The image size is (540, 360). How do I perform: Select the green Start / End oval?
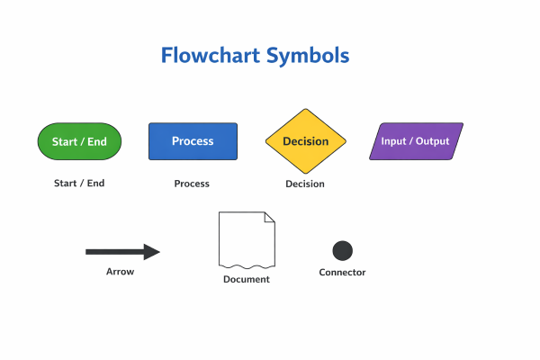tap(79, 141)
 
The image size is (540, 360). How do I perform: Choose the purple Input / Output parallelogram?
tap(416, 141)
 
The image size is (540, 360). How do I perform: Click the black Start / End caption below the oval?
tap(79, 183)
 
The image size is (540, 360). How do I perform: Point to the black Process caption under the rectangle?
tap(192, 184)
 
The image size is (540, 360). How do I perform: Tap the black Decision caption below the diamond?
tap(305, 184)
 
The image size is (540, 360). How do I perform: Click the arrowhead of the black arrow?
tap(152, 252)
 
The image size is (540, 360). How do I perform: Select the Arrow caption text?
tap(120, 272)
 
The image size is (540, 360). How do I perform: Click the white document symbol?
tap(246, 238)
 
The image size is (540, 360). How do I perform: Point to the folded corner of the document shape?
tap(269, 218)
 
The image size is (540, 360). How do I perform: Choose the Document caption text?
tap(247, 279)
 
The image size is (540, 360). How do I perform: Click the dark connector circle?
tap(342, 251)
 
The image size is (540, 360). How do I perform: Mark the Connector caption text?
tap(342, 273)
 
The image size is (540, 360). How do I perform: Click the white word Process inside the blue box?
tap(193, 141)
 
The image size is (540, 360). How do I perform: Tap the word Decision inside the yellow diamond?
tap(305, 141)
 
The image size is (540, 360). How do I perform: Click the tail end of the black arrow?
tap(89, 252)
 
